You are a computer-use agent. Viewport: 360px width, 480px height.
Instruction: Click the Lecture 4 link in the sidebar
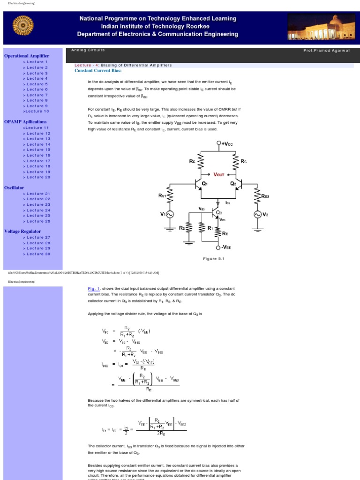coord(35,78)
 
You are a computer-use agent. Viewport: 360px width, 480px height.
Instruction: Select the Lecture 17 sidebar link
coord(36,161)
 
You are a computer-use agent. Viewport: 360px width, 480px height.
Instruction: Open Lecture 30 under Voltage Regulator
coord(36,254)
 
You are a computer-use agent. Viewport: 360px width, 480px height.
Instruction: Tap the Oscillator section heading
coord(14,187)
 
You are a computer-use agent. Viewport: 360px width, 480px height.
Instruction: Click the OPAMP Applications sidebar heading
coord(25,122)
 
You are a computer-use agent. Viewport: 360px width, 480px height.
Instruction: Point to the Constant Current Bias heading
coord(98,70)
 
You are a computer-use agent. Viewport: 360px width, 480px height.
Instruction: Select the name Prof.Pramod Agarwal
coord(326,50)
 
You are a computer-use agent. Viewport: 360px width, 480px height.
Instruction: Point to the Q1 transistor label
coord(204,184)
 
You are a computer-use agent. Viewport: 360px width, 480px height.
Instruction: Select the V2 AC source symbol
coord(257,214)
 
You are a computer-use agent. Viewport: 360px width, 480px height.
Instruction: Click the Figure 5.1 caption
coord(214,258)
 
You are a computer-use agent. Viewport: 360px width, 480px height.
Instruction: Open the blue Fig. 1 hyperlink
coord(94,288)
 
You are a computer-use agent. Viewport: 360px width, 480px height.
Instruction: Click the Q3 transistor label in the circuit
coord(219,212)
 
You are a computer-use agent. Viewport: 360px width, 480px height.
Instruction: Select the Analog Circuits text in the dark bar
coord(88,50)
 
